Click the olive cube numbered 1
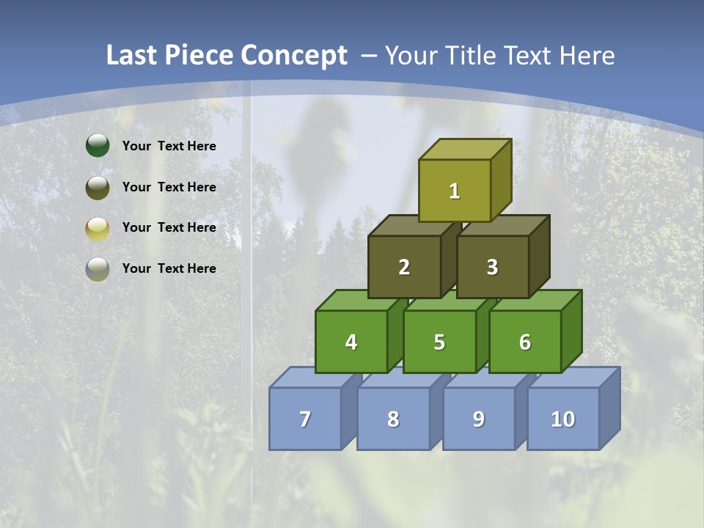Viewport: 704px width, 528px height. pyautogui.click(x=455, y=191)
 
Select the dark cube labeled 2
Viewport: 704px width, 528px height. pyautogui.click(x=404, y=267)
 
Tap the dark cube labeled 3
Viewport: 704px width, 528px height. pyautogui.click(x=492, y=267)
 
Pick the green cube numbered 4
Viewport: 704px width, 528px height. pyautogui.click(x=351, y=342)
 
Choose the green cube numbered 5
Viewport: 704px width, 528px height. pyautogui.click(x=439, y=342)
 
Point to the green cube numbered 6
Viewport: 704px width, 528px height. pyautogui.click(x=525, y=342)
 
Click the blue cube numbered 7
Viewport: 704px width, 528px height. pyautogui.click(x=305, y=419)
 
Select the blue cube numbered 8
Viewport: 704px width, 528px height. pyautogui.click(x=393, y=419)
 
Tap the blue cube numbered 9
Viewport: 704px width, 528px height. pyautogui.click(x=479, y=419)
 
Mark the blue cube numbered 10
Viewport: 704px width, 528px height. pyautogui.click(x=563, y=419)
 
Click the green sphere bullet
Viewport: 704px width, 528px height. pyautogui.click(x=98, y=146)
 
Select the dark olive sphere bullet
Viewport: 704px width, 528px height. pyautogui.click(x=98, y=187)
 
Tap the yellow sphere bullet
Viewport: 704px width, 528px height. pyautogui.click(x=98, y=228)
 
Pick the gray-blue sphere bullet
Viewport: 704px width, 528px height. pyautogui.click(x=98, y=268)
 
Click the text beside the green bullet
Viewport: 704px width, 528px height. pyautogui.click(x=169, y=146)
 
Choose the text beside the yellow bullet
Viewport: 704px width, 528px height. pyautogui.click(x=169, y=227)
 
